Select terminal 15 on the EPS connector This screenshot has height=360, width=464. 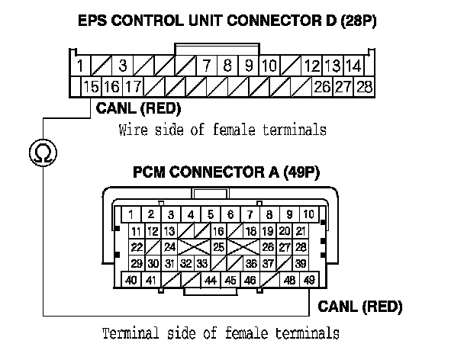point(92,86)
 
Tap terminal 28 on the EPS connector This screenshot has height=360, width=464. point(365,86)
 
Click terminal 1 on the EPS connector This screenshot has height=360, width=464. point(80,66)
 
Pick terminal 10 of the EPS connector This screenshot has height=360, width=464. point(269,66)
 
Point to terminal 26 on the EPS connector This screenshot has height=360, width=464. point(322,86)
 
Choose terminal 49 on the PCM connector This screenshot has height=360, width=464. point(309,281)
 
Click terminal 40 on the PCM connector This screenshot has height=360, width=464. point(131,281)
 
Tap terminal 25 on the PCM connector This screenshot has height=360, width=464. point(218,247)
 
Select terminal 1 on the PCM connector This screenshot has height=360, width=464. point(131,214)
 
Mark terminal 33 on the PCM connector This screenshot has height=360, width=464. point(202,264)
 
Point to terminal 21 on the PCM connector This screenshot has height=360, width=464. point(301,230)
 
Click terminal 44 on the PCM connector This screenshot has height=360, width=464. point(211,281)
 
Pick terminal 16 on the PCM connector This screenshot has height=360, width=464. point(218,230)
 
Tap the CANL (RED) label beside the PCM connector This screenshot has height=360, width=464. point(359,307)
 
